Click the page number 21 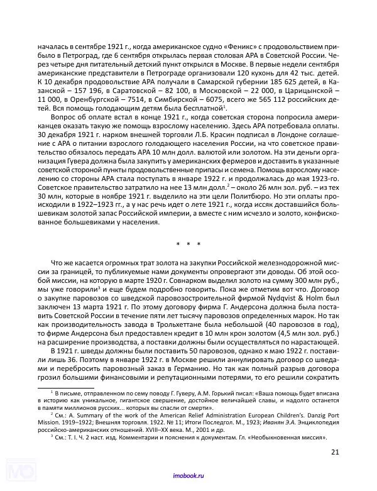coord(334,451)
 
